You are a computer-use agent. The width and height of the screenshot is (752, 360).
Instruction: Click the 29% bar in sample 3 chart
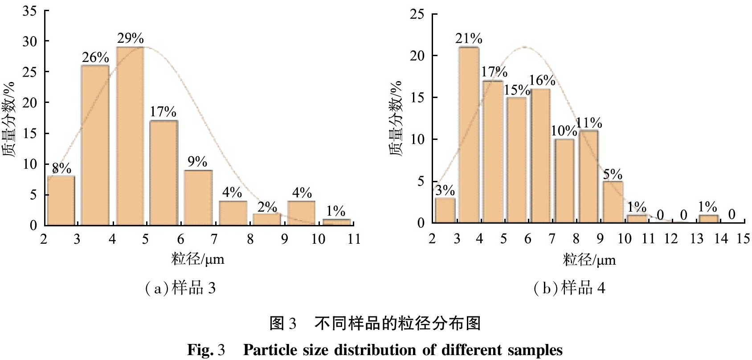pos(130,136)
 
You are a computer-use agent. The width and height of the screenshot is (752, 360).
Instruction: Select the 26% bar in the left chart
pos(95,145)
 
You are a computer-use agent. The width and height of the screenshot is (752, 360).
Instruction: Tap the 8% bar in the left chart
pos(61,200)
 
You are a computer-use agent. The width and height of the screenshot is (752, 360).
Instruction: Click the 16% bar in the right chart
pos(540,156)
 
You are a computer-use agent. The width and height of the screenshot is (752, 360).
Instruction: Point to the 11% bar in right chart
pos(589,176)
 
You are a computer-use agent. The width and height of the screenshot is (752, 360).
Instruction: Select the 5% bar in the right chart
pos(613,202)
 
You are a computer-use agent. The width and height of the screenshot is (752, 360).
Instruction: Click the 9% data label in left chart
pos(197,161)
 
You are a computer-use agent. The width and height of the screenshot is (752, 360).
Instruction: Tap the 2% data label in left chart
pos(267,207)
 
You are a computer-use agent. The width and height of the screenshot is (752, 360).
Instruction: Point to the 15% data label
pos(517,90)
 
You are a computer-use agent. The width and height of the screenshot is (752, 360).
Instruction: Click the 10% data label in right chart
pos(564,131)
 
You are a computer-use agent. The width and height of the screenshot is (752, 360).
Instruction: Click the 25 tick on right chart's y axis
pos(417,14)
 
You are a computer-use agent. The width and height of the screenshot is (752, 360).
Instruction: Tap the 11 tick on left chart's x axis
pos(354,239)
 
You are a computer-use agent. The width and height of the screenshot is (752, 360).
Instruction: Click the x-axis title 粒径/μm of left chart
pos(198,259)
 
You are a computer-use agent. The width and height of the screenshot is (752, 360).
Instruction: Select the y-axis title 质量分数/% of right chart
pos(396,118)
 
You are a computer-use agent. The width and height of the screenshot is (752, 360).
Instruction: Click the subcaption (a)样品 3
pos(180,288)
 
